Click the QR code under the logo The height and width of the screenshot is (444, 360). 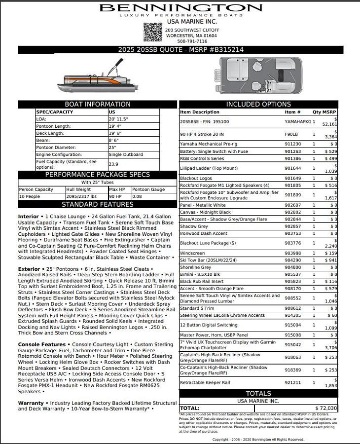coord(152,32)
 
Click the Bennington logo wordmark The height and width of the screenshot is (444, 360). coord(180,8)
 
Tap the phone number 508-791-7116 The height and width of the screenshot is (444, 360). coord(192,41)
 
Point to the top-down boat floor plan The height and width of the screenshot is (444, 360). coord(260,76)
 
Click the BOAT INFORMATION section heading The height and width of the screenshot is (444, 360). coord(98,105)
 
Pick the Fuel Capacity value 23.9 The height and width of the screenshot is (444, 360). coord(113,164)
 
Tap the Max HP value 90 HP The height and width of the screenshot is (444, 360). coord(115,196)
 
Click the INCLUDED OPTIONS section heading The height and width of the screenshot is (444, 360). coord(258,105)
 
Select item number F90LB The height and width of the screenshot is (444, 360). coord(291,134)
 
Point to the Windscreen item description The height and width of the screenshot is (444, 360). coord(192,253)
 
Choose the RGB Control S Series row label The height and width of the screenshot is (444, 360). coord(202,159)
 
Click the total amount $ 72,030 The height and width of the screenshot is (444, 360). coord(326,408)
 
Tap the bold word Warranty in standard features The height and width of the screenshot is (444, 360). coord(31,403)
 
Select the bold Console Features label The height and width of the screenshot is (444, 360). coord(42,344)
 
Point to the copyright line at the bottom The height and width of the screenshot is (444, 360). coord(258,440)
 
